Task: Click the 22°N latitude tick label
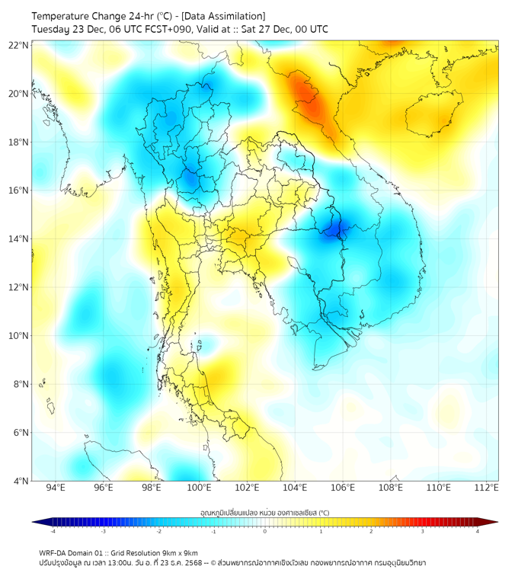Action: tap(19, 45)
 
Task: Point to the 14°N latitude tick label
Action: tap(19, 239)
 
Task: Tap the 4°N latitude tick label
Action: tap(21, 481)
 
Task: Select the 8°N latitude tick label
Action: tap(21, 384)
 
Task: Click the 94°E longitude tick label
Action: tap(56, 488)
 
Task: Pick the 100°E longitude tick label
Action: tap(199, 488)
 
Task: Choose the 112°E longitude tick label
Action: tap(486, 488)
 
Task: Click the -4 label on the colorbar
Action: tap(53, 532)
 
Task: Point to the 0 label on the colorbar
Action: tap(265, 532)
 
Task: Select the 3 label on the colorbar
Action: tap(424, 532)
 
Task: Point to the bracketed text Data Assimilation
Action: tap(222, 16)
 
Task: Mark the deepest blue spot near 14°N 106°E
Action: tap(334, 228)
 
